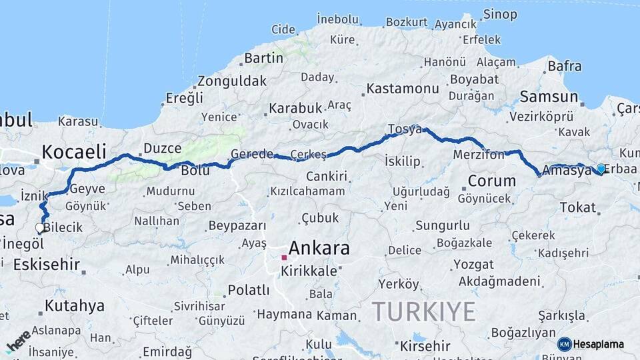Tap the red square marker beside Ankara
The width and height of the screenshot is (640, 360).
point(284,257)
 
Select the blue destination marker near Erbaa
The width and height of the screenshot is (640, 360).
point(601,169)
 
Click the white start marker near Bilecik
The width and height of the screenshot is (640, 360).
point(40,228)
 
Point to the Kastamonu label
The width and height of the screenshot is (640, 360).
point(403,88)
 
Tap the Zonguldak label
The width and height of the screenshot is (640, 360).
point(231,81)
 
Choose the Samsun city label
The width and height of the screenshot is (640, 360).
point(544,96)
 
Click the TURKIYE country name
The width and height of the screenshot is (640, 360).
point(423,311)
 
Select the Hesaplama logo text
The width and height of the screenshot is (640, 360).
point(598,344)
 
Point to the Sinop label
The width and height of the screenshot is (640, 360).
point(499,14)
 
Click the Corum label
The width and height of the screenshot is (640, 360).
point(491,181)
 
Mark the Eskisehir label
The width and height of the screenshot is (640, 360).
point(47,264)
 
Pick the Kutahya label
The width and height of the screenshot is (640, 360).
point(75,306)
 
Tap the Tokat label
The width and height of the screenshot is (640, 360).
point(577,207)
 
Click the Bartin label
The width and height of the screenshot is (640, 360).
point(263,58)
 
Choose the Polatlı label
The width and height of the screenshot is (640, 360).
point(249,290)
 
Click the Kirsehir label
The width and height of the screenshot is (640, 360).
point(425,346)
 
